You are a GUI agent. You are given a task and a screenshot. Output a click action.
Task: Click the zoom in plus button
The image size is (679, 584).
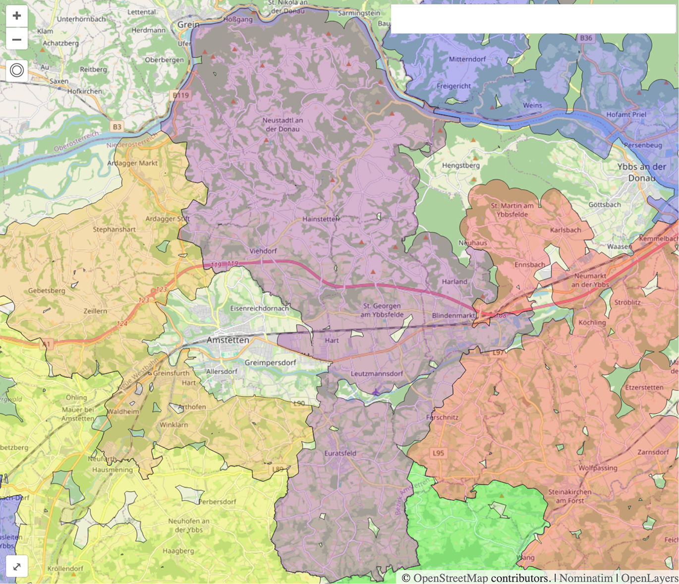pos(17,16)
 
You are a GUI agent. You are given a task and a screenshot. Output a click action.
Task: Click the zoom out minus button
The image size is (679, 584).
pos(17,40)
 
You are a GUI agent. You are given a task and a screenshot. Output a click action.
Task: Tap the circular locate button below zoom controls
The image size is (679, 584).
pos(17,70)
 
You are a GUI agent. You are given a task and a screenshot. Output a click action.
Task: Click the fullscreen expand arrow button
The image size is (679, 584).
pos(17,566)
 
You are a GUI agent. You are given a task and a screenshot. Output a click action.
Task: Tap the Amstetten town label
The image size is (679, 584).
pos(227,340)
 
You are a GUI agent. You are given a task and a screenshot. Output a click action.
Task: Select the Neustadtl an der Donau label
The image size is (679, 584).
pos(283,124)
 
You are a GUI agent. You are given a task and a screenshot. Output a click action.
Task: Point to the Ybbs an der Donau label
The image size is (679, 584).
pos(641,172)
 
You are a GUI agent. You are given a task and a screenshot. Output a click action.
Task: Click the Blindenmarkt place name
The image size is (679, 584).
pos(453,315)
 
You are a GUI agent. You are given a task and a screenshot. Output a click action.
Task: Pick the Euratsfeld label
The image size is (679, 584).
pos(340,453)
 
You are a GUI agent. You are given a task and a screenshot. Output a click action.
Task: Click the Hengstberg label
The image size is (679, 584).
pos(461,165)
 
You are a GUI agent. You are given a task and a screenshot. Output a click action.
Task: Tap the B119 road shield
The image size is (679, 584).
pos(181,95)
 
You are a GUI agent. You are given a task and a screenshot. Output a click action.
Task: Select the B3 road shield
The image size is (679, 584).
pos(116,127)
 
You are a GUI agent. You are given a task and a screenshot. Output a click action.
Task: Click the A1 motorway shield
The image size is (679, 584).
pos(46,344)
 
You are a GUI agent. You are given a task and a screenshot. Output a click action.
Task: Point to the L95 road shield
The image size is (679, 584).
pos(438,453)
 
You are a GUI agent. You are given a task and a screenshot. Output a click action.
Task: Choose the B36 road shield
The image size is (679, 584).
pos(586,38)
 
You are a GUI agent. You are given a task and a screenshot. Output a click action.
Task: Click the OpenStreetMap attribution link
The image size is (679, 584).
pos(451,578)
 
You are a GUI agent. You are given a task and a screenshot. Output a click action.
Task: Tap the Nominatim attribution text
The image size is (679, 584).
pos(586,578)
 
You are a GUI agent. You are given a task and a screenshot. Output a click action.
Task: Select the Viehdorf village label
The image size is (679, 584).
pos(263,251)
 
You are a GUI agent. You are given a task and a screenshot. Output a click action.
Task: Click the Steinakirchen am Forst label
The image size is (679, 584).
pos(569,496)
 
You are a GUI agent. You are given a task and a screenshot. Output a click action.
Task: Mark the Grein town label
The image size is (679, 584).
pos(188,24)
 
